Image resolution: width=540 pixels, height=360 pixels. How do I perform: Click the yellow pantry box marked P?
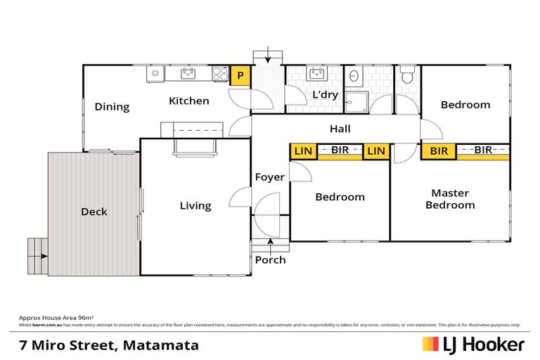240,75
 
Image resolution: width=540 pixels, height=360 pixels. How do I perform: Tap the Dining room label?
112,107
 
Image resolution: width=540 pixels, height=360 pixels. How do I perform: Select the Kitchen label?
188,101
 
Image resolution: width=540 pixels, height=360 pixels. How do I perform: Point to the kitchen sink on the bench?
187,72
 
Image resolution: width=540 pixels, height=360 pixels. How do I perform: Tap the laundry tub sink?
315,74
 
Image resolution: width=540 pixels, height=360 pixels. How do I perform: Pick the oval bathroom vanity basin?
355,76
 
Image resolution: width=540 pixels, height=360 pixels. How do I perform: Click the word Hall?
340,129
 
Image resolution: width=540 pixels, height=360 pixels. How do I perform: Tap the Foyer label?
270,177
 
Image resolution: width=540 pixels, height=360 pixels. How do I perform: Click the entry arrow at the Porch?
270,243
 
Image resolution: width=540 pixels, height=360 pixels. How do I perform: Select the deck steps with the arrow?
37,257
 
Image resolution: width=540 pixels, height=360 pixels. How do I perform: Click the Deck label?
94,212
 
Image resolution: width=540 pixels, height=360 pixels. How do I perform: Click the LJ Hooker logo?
472,345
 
